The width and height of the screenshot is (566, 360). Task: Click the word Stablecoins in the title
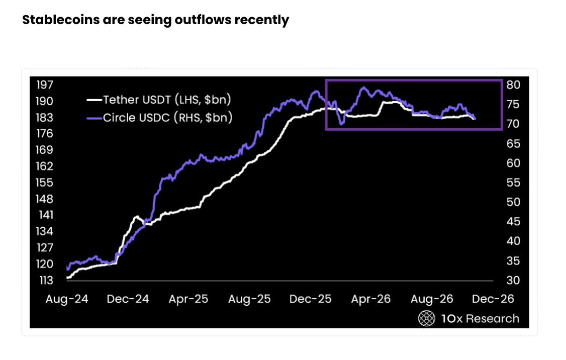pos(61,20)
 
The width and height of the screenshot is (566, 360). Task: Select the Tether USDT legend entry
pos(159,100)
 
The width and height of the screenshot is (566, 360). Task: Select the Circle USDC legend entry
pos(159,117)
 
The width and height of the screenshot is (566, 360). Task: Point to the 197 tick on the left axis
pos(44,85)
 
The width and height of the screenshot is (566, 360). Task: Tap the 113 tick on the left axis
pos(46,280)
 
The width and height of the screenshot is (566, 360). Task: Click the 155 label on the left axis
pos(44,183)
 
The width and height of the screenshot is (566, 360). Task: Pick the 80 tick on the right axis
pos(513,85)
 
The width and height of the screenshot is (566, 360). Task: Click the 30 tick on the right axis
pos(513,280)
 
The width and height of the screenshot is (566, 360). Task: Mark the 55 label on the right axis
pos(513,183)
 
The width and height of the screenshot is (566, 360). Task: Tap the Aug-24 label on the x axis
pos(67,299)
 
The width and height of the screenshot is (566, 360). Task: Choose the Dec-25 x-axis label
pos(311,299)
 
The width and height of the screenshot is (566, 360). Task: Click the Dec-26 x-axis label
pos(493,299)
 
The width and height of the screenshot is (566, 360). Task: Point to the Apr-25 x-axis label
pos(188,299)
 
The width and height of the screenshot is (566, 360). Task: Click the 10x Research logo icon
pos(427,318)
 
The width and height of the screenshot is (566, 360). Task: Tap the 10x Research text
pos(481,318)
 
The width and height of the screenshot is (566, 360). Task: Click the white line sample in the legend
pos(95,100)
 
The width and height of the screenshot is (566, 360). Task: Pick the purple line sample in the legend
pos(95,118)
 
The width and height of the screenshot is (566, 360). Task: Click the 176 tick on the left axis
pos(44,134)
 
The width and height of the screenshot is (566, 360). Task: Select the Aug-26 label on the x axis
pos(432,299)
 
